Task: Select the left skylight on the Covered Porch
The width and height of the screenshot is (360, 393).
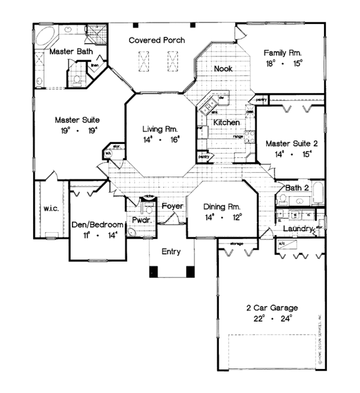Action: pyautogui.click(x=144, y=61)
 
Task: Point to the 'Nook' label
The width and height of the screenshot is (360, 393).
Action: pyautogui.click(x=223, y=69)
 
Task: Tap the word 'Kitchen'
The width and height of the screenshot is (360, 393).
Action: pyautogui.click(x=227, y=122)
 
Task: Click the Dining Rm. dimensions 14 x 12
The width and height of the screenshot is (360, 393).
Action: pyautogui.click(x=223, y=217)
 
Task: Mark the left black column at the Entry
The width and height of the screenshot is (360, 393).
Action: pyautogui.click(x=153, y=271)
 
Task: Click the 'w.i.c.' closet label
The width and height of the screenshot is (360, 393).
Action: pyautogui.click(x=50, y=209)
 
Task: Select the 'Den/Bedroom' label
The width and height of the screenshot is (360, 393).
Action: pyautogui.click(x=97, y=224)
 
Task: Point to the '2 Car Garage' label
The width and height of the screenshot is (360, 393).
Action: pyautogui.click(x=272, y=308)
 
